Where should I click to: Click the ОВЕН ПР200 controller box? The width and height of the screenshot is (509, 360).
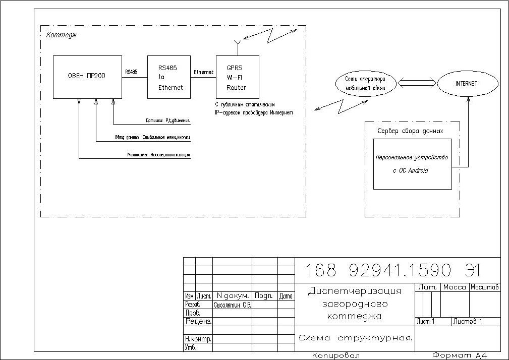pyautogui.click(x=87, y=77)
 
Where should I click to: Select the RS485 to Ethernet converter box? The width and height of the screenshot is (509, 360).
pyautogui.click(x=168, y=77)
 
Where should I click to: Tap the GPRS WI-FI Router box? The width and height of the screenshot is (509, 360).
pyautogui.click(x=237, y=77)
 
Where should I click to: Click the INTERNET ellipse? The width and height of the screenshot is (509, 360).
pyautogui.click(x=467, y=84)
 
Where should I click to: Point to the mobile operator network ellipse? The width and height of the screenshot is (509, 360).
pyautogui.click(x=365, y=84)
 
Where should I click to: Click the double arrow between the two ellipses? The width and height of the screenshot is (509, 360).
pyautogui.click(x=417, y=83)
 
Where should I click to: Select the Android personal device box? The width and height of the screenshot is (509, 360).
pyautogui.click(x=412, y=164)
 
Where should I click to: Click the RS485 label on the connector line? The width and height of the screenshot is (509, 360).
pyautogui.click(x=131, y=72)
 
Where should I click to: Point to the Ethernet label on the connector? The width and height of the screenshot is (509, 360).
pyautogui.click(x=203, y=72)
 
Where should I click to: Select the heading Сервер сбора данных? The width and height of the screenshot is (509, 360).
pyautogui.click(x=410, y=131)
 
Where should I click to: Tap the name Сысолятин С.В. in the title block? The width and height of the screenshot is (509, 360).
pyautogui.click(x=233, y=305)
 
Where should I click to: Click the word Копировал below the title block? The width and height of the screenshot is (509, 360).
pyautogui.click(x=336, y=355)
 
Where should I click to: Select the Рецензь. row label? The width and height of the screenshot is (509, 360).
pyautogui.click(x=198, y=321)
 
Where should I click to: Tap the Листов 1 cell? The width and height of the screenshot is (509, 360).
pyautogui.click(x=468, y=321)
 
